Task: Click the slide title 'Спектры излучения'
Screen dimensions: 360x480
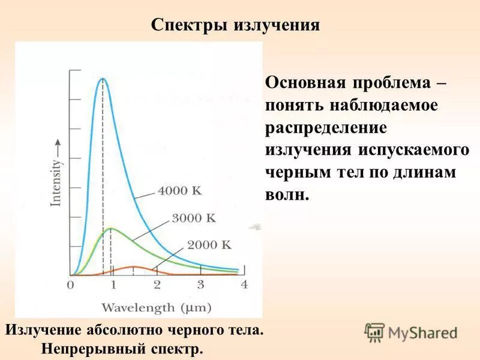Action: [235, 25]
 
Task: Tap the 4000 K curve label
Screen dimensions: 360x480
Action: [180, 191]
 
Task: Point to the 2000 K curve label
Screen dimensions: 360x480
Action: [209, 245]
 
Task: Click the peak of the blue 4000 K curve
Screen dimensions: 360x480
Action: [103, 79]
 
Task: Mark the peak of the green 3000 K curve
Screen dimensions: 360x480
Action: [111, 228]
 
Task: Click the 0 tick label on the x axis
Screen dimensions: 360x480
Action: [70, 285]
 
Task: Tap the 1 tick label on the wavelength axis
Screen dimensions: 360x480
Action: [113, 285]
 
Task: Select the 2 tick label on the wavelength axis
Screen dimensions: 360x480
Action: [157, 285]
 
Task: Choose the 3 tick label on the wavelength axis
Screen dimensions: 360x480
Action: [200, 285]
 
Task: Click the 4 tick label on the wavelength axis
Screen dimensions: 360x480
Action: [244, 285]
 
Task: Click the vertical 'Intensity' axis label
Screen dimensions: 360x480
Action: [56, 180]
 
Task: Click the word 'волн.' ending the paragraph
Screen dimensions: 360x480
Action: [287, 195]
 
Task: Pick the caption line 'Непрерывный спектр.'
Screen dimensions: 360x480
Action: [122, 348]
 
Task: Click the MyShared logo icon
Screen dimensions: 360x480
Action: [374, 332]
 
